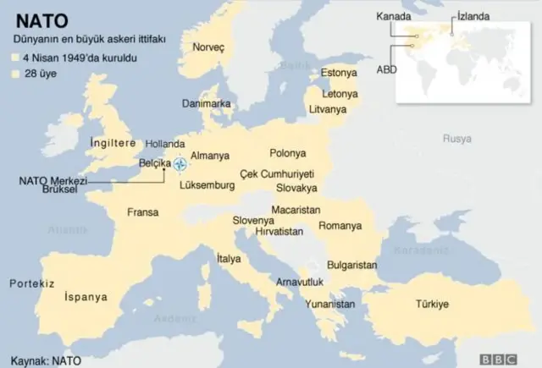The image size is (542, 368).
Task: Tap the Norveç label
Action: [208, 47]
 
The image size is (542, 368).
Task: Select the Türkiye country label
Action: [431, 304]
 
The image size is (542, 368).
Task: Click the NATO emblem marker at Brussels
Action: [180, 163]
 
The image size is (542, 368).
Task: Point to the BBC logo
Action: [498, 358]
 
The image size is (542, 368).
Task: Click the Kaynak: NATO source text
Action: [45, 360]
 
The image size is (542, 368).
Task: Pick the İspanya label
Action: [86, 297]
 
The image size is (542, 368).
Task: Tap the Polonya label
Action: [287, 153]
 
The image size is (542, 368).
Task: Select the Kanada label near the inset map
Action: [395, 16]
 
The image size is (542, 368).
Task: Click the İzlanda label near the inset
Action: [472, 16]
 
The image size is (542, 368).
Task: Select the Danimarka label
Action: [207, 103]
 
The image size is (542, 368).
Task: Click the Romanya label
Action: [340, 226]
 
